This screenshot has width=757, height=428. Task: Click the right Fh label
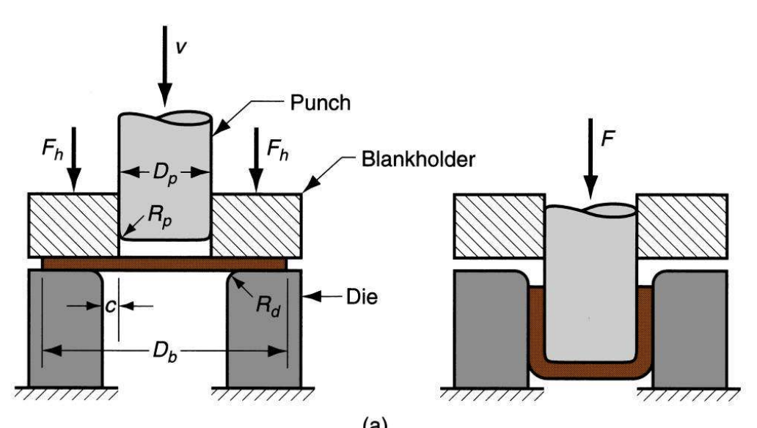(x=282, y=150)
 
